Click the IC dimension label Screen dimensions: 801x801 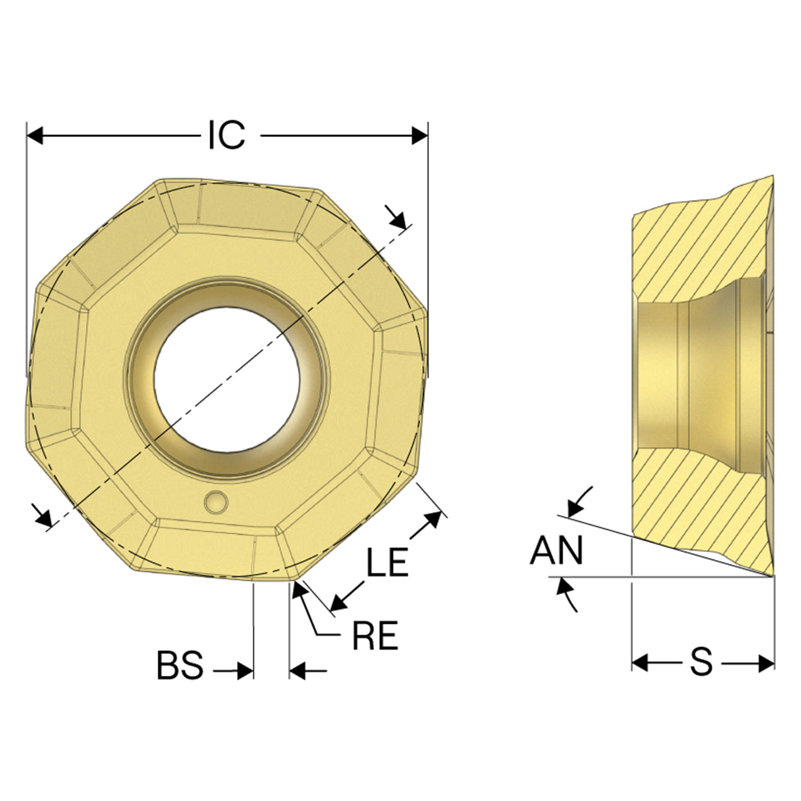(x=227, y=135)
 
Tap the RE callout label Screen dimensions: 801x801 (x=375, y=635)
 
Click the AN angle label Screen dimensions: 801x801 (x=556, y=550)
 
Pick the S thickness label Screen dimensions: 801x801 (x=702, y=661)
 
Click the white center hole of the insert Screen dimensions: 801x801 (x=227, y=379)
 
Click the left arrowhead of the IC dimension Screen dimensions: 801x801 (x=34, y=136)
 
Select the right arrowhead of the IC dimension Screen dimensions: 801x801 (x=420, y=136)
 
